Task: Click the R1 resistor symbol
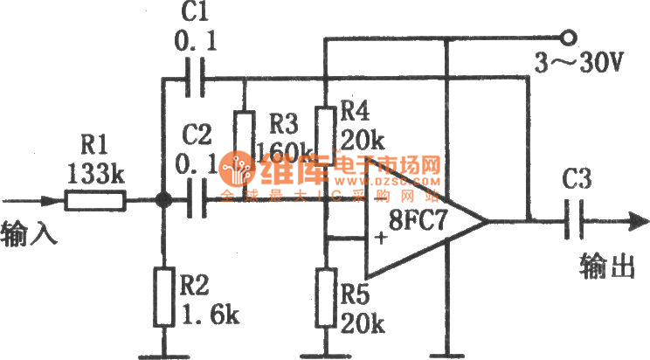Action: (95, 202)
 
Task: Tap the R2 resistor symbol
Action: (162, 293)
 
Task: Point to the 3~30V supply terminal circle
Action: (568, 38)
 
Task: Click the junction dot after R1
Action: (162, 202)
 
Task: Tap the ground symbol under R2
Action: (162, 353)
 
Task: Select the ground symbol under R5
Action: (325, 353)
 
